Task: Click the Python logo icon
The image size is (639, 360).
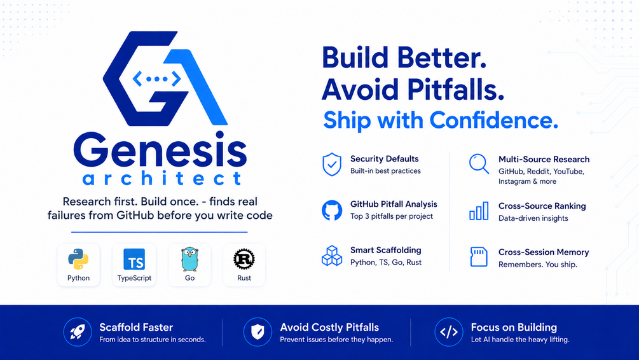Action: coord(78,259)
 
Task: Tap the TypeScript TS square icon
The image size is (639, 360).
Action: coord(134,260)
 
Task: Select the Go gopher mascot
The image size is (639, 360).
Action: coord(189,259)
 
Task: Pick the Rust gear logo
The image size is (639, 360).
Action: coord(244,259)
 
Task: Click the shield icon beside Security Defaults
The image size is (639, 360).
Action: coord(332,164)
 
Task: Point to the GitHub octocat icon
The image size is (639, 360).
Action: coord(332,211)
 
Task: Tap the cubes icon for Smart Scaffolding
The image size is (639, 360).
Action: coord(332,256)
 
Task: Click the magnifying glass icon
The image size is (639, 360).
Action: coord(479,164)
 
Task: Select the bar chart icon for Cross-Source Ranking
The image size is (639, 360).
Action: coord(479,211)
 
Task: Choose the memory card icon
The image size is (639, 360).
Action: coord(479,257)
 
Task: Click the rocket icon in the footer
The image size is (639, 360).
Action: coord(78,332)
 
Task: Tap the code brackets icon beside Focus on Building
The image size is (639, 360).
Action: coord(449,332)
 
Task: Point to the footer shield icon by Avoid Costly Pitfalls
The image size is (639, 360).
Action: coord(258,332)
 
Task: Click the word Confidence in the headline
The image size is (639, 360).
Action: coord(493,120)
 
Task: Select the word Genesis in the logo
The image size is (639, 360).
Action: coord(160,149)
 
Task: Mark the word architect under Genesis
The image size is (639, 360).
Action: coord(161,178)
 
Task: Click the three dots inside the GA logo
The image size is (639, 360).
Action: coord(157,79)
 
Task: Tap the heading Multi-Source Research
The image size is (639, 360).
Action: coord(544,160)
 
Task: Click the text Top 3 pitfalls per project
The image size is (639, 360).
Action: coord(392,216)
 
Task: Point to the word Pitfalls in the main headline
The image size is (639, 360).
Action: coord(456,90)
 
